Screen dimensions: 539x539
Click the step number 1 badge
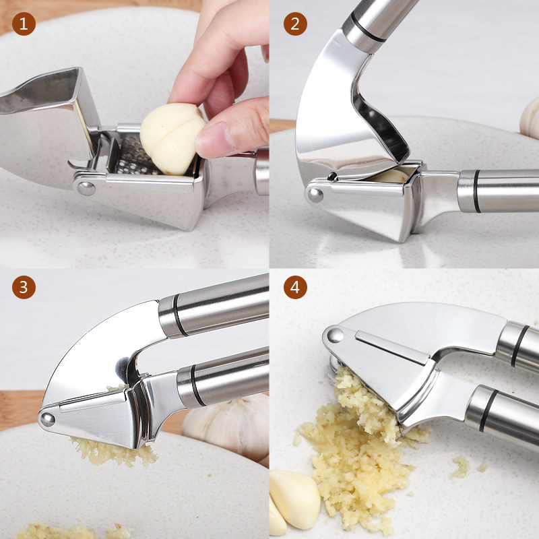pyautogui.click(x=24, y=24)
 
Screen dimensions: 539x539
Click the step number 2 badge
pyautogui.click(x=295, y=24)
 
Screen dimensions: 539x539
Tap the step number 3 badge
pyautogui.click(x=24, y=287)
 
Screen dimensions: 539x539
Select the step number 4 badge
pyautogui.click(x=295, y=287)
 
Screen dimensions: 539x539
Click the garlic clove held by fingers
pyautogui.click(x=172, y=138)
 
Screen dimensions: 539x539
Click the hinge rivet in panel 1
pyautogui.click(x=86, y=189)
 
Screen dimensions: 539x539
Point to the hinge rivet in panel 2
pyautogui.click(x=315, y=195)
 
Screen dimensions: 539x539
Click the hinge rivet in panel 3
pyautogui.click(x=47, y=419)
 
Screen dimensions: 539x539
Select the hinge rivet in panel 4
pyautogui.click(x=335, y=335)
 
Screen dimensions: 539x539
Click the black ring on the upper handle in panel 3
pyautogui.click(x=180, y=315)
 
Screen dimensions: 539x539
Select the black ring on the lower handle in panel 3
pyautogui.click(x=197, y=385)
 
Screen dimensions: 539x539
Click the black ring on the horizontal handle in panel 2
pyautogui.click(x=477, y=191)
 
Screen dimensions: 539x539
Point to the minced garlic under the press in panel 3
pyautogui.click(x=113, y=452)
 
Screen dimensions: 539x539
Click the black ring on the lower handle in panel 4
pyautogui.click(x=488, y=410)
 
